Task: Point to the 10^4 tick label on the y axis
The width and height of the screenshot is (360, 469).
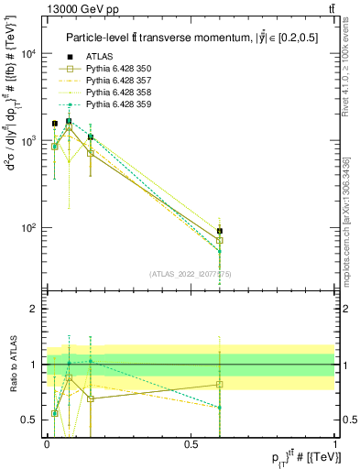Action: (27, 54)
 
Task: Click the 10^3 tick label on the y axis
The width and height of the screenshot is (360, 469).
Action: (27, 141)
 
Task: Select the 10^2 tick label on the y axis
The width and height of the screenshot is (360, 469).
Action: (27, 228)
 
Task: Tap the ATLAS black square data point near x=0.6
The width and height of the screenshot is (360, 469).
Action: (219, 232)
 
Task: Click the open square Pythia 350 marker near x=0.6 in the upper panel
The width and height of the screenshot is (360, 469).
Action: (219, 241)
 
